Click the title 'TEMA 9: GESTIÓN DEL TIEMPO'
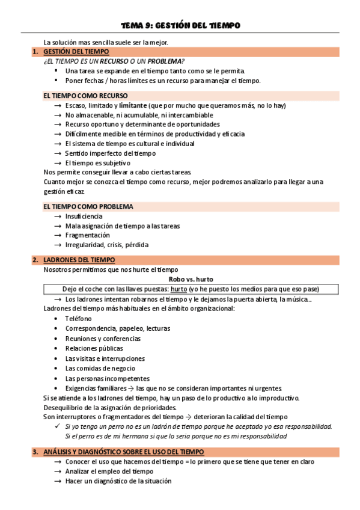pyautogui.click(x=180, y=26)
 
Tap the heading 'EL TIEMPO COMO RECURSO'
pyautogui.click(x=85, y=96)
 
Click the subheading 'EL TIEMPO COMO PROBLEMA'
pyautogui.click(x=88, y=206)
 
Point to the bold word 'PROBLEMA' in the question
pyautogui.click(x=165, y=61)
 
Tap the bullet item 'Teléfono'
pyautogui.click(x=79, y=319)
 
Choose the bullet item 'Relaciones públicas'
pyautogui.click(x=94, y=348)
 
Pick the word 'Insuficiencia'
pyautogui.click(x=84, y=217)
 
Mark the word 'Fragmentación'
pyautogui.click(x=88, y=236)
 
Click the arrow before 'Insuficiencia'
pyautogui.click(x=57, y=217)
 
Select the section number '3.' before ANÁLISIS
pyautogui.click(x=35, y=452)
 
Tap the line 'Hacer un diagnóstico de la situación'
pyautogui.click(x=118, y=481)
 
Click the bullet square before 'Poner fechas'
pyautogui.click(x=56, y=81)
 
